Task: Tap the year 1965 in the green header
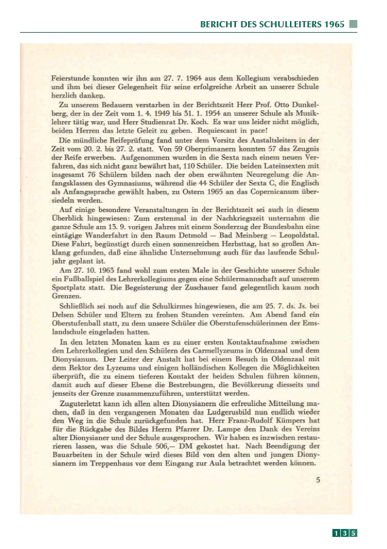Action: coord(335,25)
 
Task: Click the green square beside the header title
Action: coord(354,24)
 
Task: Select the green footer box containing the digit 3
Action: coord(345,533)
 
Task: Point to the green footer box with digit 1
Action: coord(335,533)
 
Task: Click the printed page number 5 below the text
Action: coord(318,480)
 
